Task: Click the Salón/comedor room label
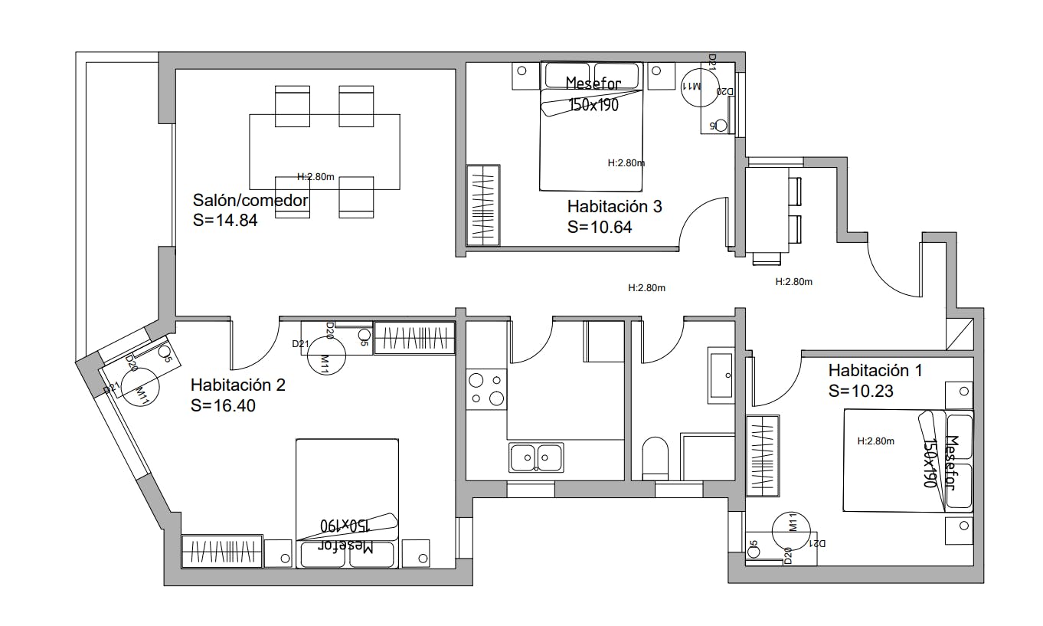pyautogui.click(x=250, y=202)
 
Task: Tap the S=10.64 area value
pyautogui.click(x=600, y=227)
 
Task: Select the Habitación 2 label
pyautogui.click(x=237, y=385)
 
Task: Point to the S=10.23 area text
pyautogui.click(x=862, y=391)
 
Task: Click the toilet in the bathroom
pyautogui.click(x=656, y=457)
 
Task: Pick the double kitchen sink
pyautogui.click(x=536, y=457)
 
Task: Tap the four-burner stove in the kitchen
pyautogui.click(x=486, y=388)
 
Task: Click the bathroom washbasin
pyautogui.click(x=721, y=375)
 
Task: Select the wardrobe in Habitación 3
pyautogui.click(x=483, y=205)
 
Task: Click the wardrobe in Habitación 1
pyautogui.click(x=763, y=455)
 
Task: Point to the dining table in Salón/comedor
pyautogui.click(x=325, y=152)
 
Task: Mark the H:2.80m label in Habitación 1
pyautogui.click(x=876, y=441)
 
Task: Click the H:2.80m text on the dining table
pyautogui.click(x=316, y=177)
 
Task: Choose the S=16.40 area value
pyautogui.click(x=223, y=405)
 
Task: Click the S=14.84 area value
pyautogui.click(x=225, y=221)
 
